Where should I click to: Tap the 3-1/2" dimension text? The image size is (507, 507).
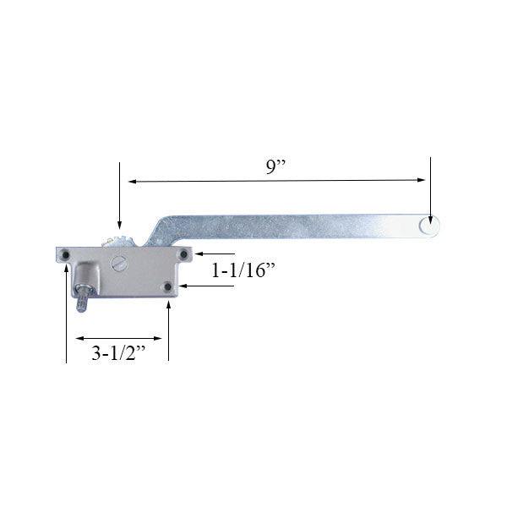117,356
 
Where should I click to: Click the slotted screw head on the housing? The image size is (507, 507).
118,264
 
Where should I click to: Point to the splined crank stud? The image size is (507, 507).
83,300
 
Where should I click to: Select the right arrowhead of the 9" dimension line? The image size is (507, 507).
420,180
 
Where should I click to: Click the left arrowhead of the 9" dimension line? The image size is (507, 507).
133,180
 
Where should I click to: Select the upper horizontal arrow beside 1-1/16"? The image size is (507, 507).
199,253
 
